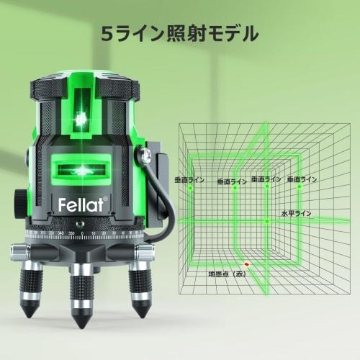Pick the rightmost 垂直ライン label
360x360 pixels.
click(302, 179)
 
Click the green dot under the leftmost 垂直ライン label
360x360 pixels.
click(191, 187)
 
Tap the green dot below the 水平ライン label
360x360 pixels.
click(267, 220)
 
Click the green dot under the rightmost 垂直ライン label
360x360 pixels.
click(298, 186)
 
